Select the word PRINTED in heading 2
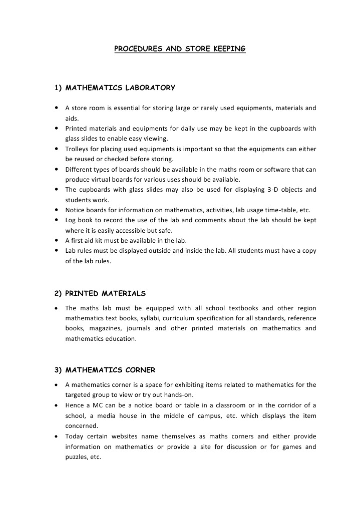click(x=82, y=293)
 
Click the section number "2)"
click(x=58, y=293)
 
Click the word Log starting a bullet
click(x=71, y=220)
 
